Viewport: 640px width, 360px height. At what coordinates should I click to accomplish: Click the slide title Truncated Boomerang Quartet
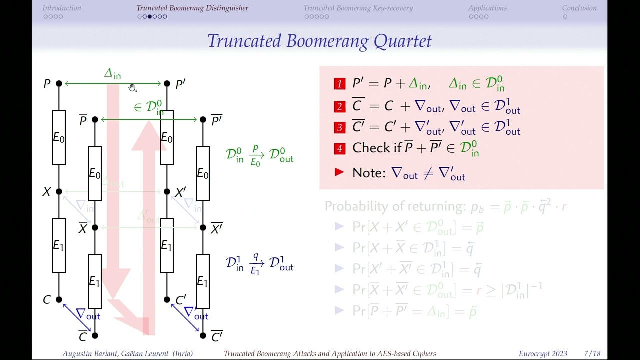coord(319,41)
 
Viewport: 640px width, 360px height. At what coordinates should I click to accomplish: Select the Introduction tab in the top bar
coord(62,8)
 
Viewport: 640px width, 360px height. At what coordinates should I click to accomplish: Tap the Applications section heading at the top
coord(487,8)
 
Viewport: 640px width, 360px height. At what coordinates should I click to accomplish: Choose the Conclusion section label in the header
coord(579,8)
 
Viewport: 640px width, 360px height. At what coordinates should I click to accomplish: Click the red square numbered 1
coord(340,84)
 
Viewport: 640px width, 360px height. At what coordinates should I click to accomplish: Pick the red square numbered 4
coord(340,148)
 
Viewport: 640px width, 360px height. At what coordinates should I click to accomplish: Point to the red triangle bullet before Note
coord(339,172)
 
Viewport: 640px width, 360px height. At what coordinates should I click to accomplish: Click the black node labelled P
coord(59,84)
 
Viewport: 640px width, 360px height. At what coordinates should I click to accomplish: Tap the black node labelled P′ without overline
coord(167,84)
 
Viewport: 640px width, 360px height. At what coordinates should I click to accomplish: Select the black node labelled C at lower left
coord(59,300)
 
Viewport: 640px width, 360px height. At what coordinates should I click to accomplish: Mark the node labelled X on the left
coord(59,191)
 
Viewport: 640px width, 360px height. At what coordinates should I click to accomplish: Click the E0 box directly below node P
coord(59,138)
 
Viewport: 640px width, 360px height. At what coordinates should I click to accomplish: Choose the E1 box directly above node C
coord(59,245)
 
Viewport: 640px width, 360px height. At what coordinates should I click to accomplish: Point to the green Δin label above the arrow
coord(112,74)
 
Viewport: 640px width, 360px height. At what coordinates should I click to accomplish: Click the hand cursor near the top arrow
coord(132,88)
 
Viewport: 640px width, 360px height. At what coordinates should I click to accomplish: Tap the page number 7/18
coord(592,354)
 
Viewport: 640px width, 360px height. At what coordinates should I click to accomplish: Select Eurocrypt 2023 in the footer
coord(543,354)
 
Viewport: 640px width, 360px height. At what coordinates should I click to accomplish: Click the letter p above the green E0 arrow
coord(255,149)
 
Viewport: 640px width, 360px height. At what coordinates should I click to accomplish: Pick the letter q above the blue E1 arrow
coord(255,257)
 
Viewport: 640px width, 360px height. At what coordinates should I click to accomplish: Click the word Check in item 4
coord(369,148)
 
